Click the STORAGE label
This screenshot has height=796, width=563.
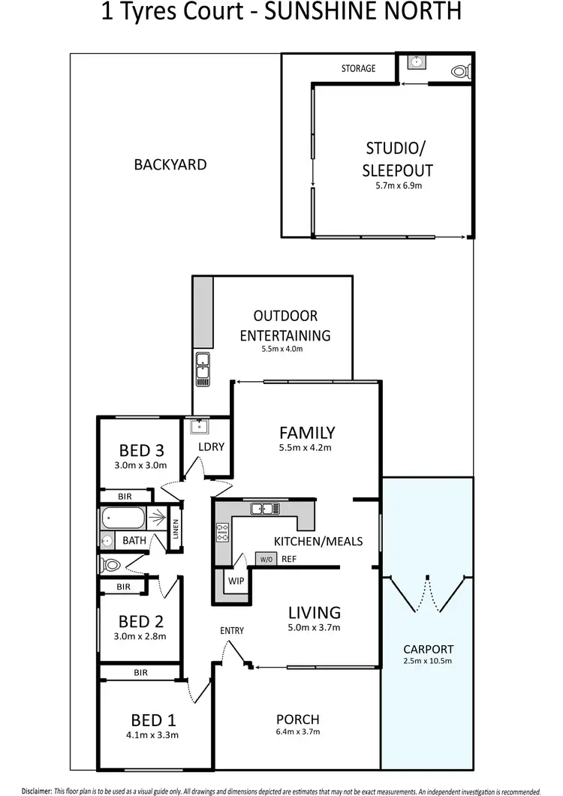(358, 68)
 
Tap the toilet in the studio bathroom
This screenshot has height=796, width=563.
(459, 71)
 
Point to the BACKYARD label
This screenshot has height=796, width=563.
(170, 164)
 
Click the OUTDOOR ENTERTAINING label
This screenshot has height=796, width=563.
(285, 326)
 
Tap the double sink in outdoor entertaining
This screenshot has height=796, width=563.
(203, 368)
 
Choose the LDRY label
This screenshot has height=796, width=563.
(211, 446)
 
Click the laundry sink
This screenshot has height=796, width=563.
(198, 427)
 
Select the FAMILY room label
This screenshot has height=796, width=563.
(306, 432)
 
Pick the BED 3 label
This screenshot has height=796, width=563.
(141, 450)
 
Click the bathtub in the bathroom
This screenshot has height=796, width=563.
(125, 518)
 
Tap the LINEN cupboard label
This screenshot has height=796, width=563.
(176, 530)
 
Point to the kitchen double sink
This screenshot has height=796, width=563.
(266, 509)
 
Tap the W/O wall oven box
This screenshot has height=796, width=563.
(266, 559)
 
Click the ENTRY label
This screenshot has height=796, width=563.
(232, 630)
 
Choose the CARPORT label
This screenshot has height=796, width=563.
(427, 649)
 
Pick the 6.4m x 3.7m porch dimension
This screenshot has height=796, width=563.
(297, 731)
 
